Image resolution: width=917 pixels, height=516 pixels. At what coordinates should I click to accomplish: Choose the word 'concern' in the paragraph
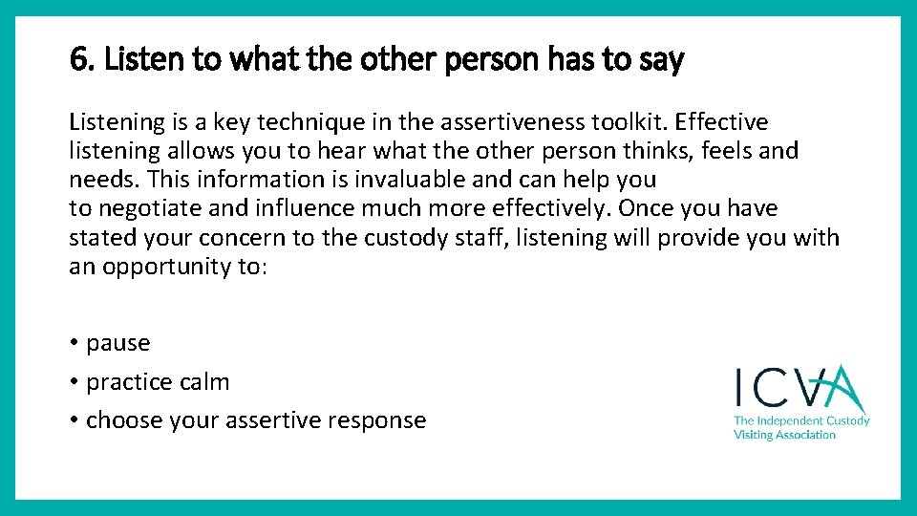click(x=219, y=238)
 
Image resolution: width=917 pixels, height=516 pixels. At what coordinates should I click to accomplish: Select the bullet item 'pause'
click(x=117, y=343)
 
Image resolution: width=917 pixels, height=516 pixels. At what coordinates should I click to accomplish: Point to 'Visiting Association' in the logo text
click(x=783, y=435)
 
